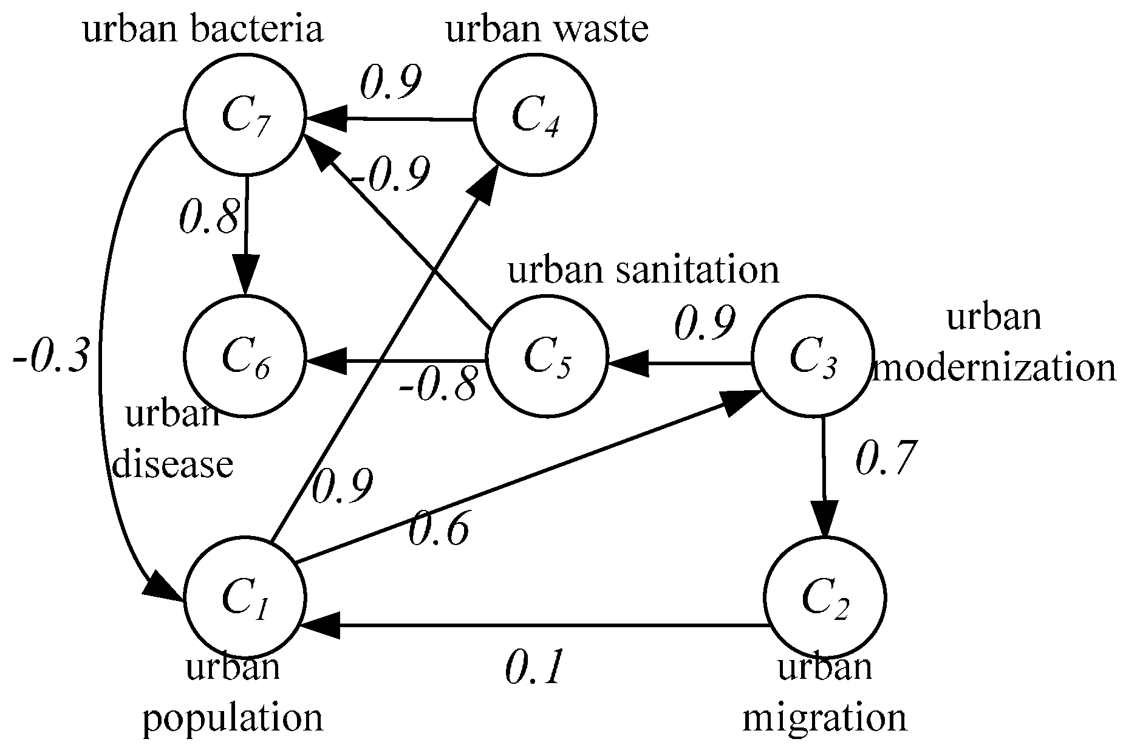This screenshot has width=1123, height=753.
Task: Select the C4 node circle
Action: pos(534,115)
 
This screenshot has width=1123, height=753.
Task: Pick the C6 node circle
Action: pos(245,356)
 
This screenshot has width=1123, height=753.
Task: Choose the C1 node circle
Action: pos(245,597)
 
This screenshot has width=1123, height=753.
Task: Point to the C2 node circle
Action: pos(824,597)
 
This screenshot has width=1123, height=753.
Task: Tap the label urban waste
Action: pos(547,29)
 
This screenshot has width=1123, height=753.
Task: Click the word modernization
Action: pos(995,368)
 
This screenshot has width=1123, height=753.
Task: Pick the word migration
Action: pos(824,717)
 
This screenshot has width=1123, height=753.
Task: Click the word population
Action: pos(233,717)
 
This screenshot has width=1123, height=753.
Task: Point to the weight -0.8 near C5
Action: pos(437,385)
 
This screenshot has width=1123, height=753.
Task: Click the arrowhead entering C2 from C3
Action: pos(824,520)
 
